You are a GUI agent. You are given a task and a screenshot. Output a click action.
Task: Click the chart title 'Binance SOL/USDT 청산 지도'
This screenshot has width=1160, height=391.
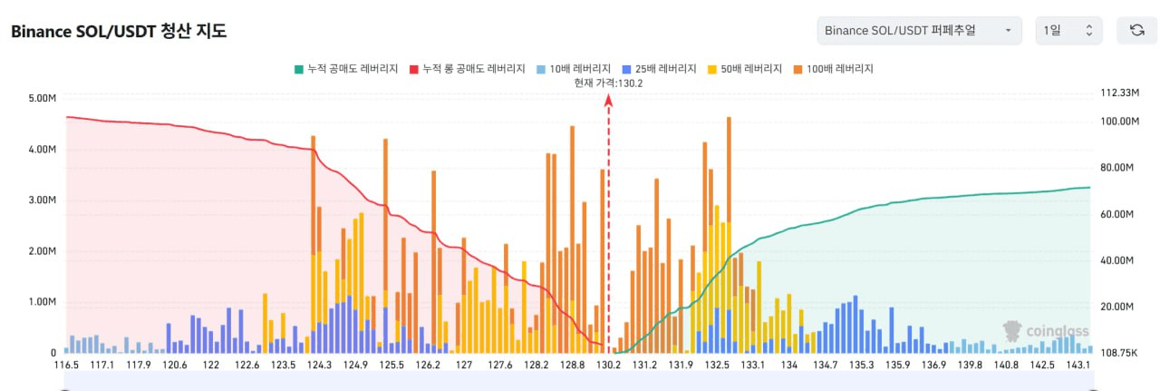coord(119,31)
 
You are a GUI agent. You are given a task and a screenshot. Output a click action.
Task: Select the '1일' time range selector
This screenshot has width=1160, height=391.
coord(1068,30)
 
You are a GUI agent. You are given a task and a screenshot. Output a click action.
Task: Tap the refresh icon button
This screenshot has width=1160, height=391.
coord(1136,30)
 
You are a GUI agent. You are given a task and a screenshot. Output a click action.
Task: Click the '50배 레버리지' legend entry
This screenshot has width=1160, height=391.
coord(748,68)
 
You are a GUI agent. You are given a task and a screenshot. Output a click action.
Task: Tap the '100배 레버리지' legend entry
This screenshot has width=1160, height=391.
coord(835,68)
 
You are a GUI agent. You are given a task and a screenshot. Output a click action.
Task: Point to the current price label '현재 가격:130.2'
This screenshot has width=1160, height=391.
coord(609,83)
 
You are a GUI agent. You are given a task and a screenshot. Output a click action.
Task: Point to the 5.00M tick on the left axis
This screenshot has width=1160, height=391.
coord(43,98)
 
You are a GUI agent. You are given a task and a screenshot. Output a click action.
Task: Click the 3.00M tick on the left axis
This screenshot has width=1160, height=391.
coord(43,200)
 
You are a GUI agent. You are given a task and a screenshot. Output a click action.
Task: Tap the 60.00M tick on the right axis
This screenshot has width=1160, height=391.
coord(1120,214)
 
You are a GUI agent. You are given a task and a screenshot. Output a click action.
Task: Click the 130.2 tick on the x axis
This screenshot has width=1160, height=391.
coord(608,366)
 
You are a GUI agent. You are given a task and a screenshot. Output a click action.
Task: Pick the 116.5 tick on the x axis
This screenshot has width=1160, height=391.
coord(66,366)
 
